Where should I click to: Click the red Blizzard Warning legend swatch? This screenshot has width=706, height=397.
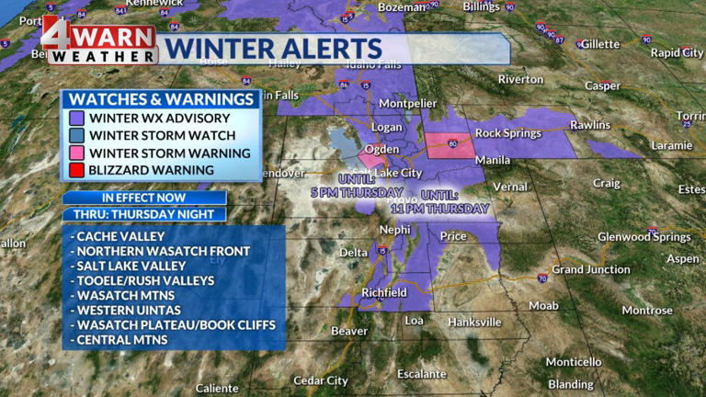point(76,170)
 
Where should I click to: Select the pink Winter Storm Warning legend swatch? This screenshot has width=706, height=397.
point(76,153)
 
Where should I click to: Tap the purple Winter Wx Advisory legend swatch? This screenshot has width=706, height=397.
point(76,118)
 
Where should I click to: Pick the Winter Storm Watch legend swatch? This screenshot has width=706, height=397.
point(76,135)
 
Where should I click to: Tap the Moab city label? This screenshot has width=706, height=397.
point(543,305)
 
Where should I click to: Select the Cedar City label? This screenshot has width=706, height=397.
point(321,380)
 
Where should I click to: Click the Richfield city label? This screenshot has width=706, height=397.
point(383,292)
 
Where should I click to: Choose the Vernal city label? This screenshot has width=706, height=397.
point(510,187)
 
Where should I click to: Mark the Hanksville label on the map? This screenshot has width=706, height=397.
point(475,322)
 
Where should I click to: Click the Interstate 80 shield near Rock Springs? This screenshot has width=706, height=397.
point(452,143)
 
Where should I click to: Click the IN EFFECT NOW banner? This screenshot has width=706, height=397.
point(144,198)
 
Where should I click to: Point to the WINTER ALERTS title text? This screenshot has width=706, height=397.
point(276,49)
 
